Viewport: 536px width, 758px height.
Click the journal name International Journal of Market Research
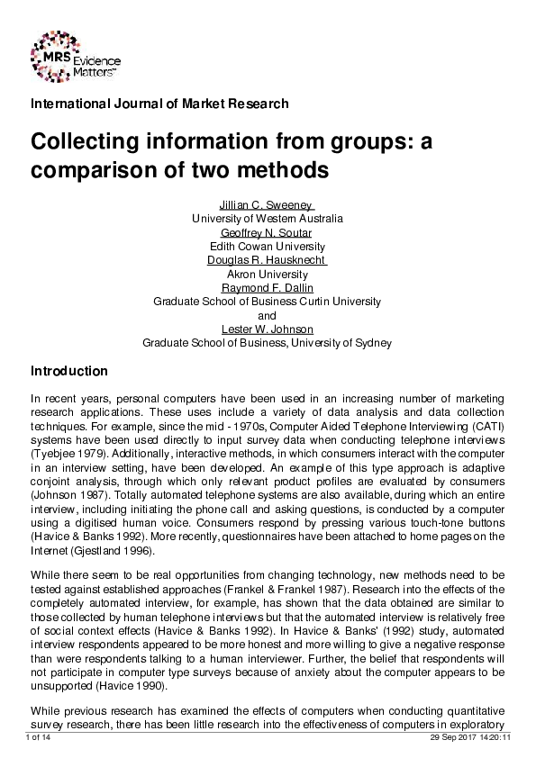click(x=159, y=104)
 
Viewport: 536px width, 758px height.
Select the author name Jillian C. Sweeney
click(x=267, y=204)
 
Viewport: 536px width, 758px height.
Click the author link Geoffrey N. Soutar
click(x=267, y=232)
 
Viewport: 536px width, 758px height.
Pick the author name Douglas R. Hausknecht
click(x=267, y=260)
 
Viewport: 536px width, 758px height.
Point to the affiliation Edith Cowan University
click(x=267, y=247)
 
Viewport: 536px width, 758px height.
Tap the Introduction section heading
click(x=69, y=371)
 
